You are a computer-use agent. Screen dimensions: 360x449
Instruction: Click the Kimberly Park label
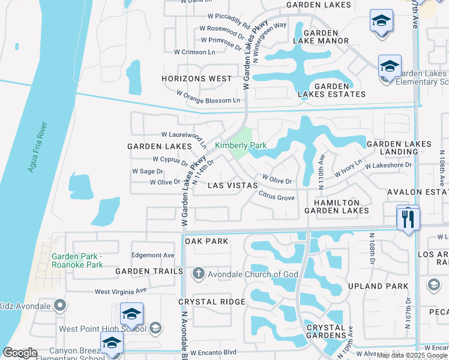tap(241, 146)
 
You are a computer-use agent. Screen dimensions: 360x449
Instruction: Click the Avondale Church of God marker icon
tap(199, 274)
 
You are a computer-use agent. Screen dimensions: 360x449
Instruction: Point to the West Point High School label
tap(102, 329)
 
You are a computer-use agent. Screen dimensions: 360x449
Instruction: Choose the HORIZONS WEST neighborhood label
tap(197, 79)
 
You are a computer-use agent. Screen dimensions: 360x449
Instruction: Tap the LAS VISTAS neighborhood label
tap(232, 186)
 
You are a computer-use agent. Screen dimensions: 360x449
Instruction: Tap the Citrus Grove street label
tap(277, 197)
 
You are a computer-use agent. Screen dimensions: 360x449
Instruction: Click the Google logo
tap(20, 353)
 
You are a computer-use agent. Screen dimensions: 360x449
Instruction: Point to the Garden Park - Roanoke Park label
tap(77, 260)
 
